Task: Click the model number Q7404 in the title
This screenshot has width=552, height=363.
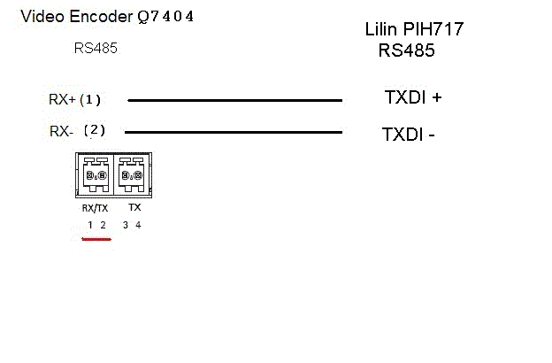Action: tap(165, 17)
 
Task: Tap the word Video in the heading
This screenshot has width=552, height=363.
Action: tap(43, 16)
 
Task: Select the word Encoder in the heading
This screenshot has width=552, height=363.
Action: tap(101, 16)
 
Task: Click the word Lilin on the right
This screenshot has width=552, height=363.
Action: tap(381, 29)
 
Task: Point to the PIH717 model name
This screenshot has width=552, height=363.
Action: tap(433, 29)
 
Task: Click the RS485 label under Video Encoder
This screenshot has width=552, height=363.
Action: tap(96, 48)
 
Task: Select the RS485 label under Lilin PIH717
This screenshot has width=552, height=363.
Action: tap(406, 50)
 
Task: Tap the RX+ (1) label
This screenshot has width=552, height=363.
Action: tap(74, 99)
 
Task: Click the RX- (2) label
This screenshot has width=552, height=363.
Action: tap(78, 131)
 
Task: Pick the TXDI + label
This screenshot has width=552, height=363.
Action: tap(413, 97)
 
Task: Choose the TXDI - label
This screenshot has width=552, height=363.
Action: tap(409, 135)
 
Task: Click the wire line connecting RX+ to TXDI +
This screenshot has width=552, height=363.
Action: tap(234, 100)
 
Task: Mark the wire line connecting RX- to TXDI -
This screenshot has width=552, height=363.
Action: tap(234, 133)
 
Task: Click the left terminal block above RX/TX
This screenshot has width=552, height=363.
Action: tap(96, 174)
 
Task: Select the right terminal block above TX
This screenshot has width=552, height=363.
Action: tap(132, 174)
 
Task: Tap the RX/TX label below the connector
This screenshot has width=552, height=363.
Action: tap(95, 208)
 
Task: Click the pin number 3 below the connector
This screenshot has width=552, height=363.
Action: tap(126, 225)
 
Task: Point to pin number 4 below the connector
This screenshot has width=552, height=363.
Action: tap(138, 225)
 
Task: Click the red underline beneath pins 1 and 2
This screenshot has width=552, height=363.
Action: tap(96, 239)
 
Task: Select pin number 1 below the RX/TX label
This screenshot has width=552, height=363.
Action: tap(90, 225)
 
